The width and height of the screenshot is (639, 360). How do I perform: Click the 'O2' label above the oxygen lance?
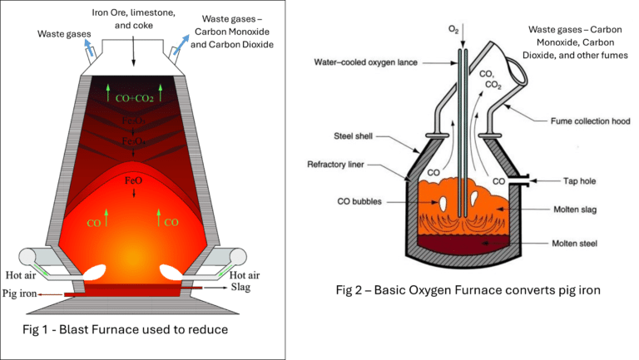[453, 29]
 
